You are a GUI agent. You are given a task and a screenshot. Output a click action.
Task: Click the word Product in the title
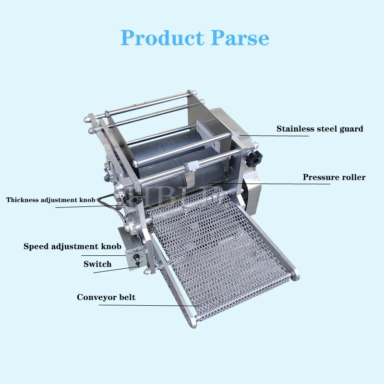click(161, 37)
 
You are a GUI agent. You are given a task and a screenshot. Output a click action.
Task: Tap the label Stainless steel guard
click(319, 129)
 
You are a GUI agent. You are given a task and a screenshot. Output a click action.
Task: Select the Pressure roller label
click(334, 177)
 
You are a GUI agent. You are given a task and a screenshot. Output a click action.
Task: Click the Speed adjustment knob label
click(72, 246)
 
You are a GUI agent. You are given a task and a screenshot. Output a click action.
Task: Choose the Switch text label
click(97, 264)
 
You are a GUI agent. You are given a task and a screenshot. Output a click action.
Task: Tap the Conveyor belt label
click(106, 297)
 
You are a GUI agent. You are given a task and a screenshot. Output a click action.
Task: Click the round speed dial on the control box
click(137, 257)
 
